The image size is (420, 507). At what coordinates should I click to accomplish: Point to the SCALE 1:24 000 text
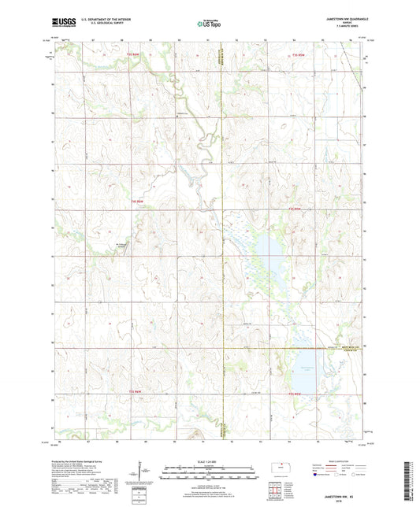(209, 463)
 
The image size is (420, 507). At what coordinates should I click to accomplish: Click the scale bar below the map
(209, 474)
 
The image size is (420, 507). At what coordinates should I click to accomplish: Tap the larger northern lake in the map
(266, 255)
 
